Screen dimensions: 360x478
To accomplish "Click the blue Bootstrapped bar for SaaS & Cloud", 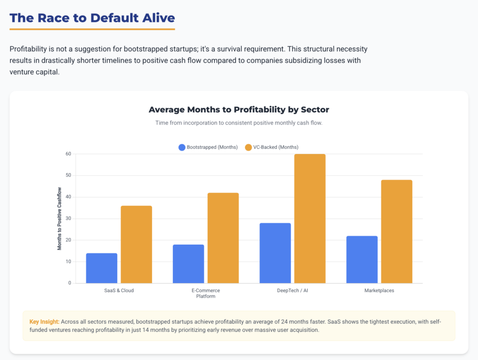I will [x=102, y=268].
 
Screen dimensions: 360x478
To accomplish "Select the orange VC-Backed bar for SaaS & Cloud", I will [x=136, y=244].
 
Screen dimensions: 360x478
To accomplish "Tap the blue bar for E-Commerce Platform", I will [x=188, y=264].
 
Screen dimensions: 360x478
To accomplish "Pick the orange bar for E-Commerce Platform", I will [x=223, y=238].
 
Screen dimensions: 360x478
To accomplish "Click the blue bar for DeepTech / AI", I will [x=275, y=253].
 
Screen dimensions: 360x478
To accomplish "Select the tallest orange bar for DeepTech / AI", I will [x=310, y=219].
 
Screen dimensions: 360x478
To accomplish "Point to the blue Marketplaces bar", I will [x=362, y=260].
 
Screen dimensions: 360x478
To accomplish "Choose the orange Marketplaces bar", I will [x=396, y=232].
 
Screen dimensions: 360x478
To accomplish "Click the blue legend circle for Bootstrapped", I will [x=182, y=147].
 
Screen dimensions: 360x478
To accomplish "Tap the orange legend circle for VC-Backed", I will [x=248, y=147].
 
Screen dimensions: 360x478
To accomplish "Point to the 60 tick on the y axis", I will [x=68, y=154].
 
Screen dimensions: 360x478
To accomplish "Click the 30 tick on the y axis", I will [x=68, y=219].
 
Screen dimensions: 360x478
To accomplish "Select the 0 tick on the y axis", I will [x=70, y=283].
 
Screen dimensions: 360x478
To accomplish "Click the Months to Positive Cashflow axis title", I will [x=59, y=219].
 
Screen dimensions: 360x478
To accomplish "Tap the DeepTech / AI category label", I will [x=292, y=290].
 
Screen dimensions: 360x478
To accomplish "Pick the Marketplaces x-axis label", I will [x=379, y=290].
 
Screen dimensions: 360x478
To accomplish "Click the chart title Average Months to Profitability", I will [x=239, y=110].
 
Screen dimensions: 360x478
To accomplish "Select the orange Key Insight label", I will [x=44, y=322].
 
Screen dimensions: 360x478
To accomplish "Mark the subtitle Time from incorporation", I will [x=239, y=123].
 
